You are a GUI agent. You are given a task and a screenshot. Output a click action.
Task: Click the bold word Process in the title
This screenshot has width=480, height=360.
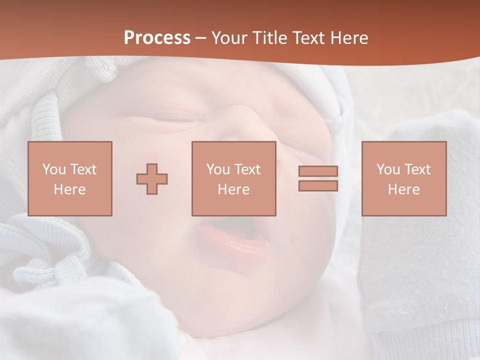tap(157, 38)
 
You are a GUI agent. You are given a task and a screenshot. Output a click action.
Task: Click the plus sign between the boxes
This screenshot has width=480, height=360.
tap(152, 178)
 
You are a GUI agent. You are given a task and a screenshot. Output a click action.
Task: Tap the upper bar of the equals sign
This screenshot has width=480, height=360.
tap(318, 171)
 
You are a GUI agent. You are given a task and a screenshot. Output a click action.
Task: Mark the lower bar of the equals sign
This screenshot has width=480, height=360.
tap(318, 185)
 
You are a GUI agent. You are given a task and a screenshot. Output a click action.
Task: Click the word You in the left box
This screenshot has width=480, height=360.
tap(53, 169)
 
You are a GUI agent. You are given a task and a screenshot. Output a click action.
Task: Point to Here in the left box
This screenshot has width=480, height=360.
tap(69, 189)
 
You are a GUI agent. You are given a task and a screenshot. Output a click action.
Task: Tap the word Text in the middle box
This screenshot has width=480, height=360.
tap(247, 169)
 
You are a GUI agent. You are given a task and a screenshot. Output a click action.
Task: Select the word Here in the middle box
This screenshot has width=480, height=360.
tap(233, 189)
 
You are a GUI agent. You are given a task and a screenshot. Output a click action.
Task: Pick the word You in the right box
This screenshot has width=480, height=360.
tap(387, 169)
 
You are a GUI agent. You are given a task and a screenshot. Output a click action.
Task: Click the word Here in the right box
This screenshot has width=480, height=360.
tap(403, 189)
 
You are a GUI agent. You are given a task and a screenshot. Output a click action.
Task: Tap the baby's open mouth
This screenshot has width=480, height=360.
tap(235, 235)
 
